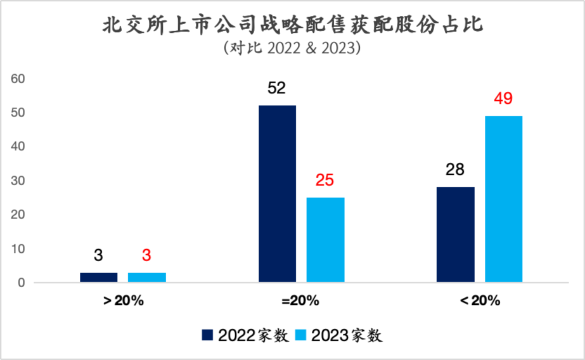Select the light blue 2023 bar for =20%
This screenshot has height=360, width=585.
[x=325, y=240]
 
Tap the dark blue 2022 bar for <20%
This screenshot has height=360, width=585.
[x=455, y=234]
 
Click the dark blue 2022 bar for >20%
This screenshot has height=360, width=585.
[x=98, y=277]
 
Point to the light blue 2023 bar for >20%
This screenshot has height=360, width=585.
[x=147, y=277]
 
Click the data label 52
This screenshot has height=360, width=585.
[x=276, y=88]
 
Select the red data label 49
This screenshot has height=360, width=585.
[x=503, y=98]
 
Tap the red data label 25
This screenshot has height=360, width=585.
[x=325, y=180]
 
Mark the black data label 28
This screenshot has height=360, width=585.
[x=455, y=169]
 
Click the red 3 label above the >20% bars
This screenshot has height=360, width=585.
[x=146, y=255]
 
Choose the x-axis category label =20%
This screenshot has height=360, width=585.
[x=300, y=301]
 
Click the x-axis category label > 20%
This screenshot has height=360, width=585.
[x=123, y=301]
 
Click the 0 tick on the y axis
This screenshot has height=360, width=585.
[x=21, y=283]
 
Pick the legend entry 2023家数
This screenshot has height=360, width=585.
[x=339, y=335]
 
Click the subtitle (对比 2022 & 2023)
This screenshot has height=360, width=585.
[x=292, y=48]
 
